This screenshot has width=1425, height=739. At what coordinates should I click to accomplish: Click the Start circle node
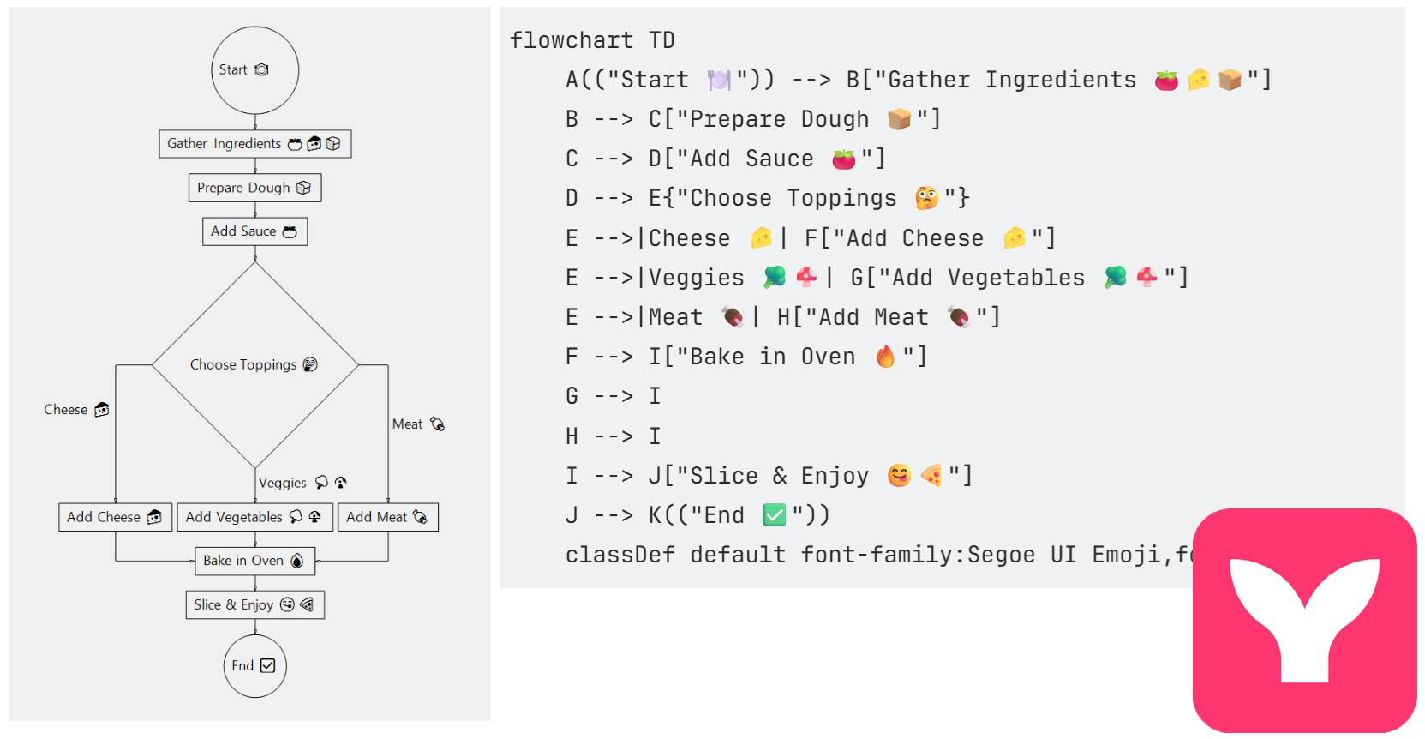(x=254, y=70)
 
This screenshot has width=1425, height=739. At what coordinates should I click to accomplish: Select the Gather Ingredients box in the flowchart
(x=254, y=144)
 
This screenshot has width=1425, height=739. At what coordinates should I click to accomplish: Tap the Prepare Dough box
(x=254, y=188)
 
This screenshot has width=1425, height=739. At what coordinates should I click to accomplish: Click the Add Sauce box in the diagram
(x=254, y=231)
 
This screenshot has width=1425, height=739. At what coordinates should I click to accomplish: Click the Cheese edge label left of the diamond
(x=76, y=410)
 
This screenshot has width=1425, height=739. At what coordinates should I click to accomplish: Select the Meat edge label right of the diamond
(x=417, y=424)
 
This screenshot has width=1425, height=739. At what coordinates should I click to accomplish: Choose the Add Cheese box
(x=115, y=517)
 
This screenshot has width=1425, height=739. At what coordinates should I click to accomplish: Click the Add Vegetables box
(x=254, y=517)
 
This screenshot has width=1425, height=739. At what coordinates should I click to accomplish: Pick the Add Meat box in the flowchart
(x=387, y=517)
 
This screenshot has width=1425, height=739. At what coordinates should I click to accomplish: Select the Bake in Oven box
(x=254, y=561)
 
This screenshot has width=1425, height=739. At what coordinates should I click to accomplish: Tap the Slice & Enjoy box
(x=254, y=604)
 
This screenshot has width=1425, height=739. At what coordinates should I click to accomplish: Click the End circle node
(x=254, y=665)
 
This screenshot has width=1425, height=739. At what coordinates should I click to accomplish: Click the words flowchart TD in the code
(x=592, y=40)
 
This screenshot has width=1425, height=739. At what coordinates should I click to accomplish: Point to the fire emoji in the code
(x=885, y=356)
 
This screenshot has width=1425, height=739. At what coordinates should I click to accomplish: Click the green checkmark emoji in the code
(x=774, y=514)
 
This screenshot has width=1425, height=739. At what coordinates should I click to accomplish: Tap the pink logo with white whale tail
(x=1304, y=620)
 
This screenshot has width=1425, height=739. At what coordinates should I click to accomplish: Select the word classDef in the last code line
(x=620, y=555)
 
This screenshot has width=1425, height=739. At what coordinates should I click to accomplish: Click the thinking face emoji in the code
(x=926, y=198)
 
